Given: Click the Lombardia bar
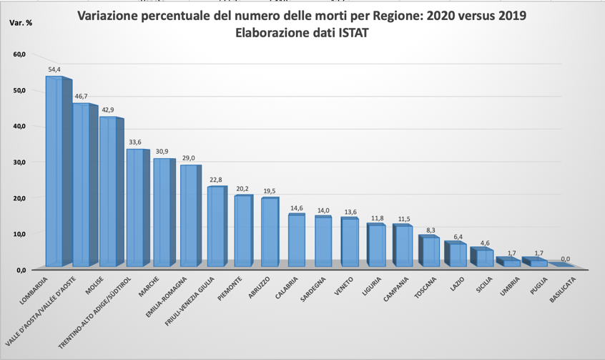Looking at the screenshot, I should tap(54, 172).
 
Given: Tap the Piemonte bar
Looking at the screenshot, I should tap(242, 230).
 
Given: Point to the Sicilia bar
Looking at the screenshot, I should tap(483, 258).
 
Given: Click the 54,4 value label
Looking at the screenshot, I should tap(54, 69).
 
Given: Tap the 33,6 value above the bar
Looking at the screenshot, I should tap(134, 142).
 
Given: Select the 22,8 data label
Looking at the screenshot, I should tap(215, 180).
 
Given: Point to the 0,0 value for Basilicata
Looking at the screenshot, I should tap(565, 259).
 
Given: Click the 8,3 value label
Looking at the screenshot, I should tap(431, 230).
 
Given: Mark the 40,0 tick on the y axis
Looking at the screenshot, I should tap(19, 126).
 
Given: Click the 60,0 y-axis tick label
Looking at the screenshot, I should tap(19, 54).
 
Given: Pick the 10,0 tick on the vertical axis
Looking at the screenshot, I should tap(19, 234).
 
